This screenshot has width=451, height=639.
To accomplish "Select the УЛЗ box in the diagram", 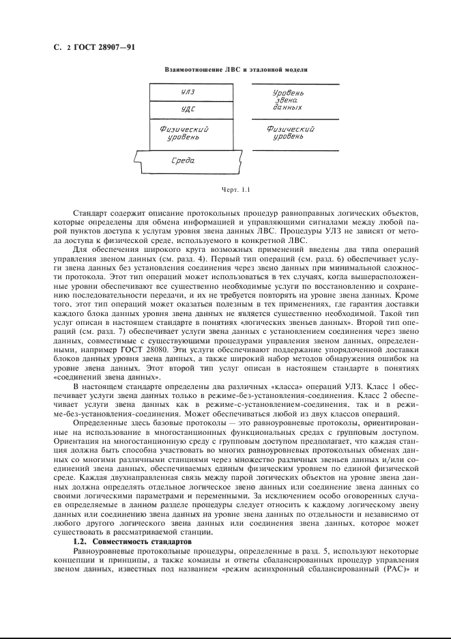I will pos(188,92).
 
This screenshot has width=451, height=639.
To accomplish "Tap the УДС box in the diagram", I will pos(188,109).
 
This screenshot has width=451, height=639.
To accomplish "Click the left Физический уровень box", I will pos(184,133).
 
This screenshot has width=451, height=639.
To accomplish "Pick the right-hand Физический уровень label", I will pos(291,132).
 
